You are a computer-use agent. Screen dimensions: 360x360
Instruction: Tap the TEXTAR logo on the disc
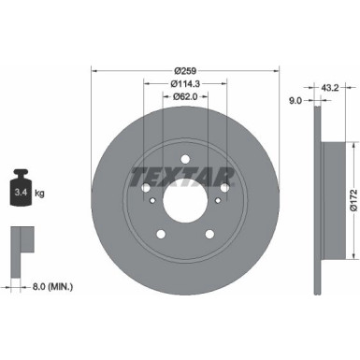[184, 173]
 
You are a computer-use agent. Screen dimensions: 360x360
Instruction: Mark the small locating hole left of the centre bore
[151, 198]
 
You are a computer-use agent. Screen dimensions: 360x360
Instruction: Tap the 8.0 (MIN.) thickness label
[50, 286]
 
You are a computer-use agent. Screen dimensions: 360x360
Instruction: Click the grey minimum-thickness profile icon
[18, 240]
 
